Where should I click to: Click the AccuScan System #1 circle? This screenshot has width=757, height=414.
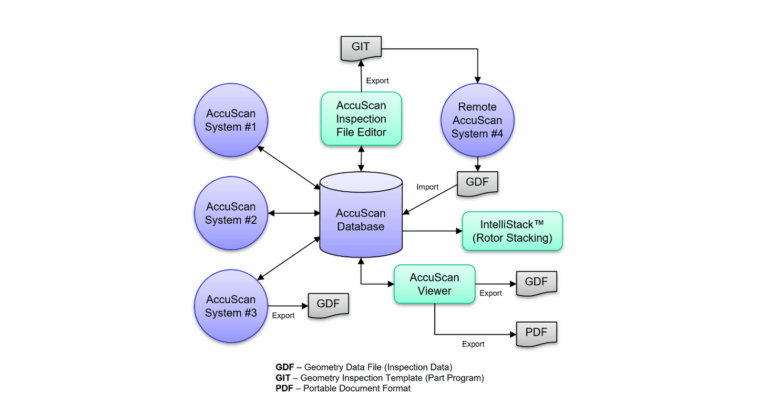coord(231,120)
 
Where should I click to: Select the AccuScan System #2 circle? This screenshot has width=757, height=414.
coord(231,213)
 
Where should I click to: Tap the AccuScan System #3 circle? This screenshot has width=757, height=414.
coord(231,306)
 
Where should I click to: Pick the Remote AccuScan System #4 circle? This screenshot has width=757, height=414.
coord(477,120)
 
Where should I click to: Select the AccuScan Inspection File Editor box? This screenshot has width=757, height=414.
coord(361,119)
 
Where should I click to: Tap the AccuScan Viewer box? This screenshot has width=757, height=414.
coord(434,284)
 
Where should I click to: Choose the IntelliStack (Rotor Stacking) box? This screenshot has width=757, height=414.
coord(512,231)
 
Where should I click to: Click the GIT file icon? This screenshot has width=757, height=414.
coord(361,47)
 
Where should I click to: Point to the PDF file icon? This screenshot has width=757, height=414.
coord(536,333)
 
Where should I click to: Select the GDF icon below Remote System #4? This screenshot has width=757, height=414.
coord(477,183)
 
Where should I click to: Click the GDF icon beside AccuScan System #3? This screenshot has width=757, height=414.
coord(328,305)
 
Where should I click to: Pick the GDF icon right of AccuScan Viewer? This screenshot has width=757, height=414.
coord(536,283)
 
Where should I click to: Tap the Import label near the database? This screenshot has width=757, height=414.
coord(427,187)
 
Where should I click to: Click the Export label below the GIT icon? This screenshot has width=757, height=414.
coord(377,81)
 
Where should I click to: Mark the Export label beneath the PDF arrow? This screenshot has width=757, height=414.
coord(473,344)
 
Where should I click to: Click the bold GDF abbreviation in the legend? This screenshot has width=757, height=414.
coord(285,367)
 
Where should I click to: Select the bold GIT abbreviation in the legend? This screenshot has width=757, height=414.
coord(283,378)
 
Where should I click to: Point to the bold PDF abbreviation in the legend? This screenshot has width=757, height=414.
coord(284,389)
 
